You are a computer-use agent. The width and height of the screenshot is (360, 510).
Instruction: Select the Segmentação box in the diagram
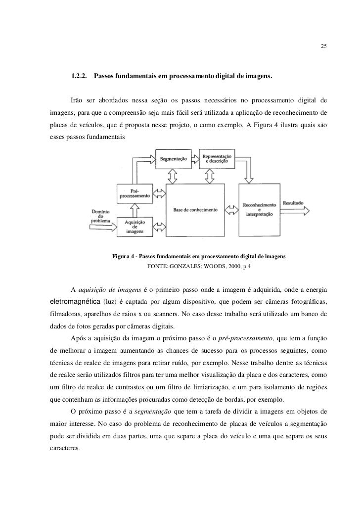pos(173,159)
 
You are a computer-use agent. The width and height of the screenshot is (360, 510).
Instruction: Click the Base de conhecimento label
pos(196,210)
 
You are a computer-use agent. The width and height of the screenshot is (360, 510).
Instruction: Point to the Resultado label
pos(293,203)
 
